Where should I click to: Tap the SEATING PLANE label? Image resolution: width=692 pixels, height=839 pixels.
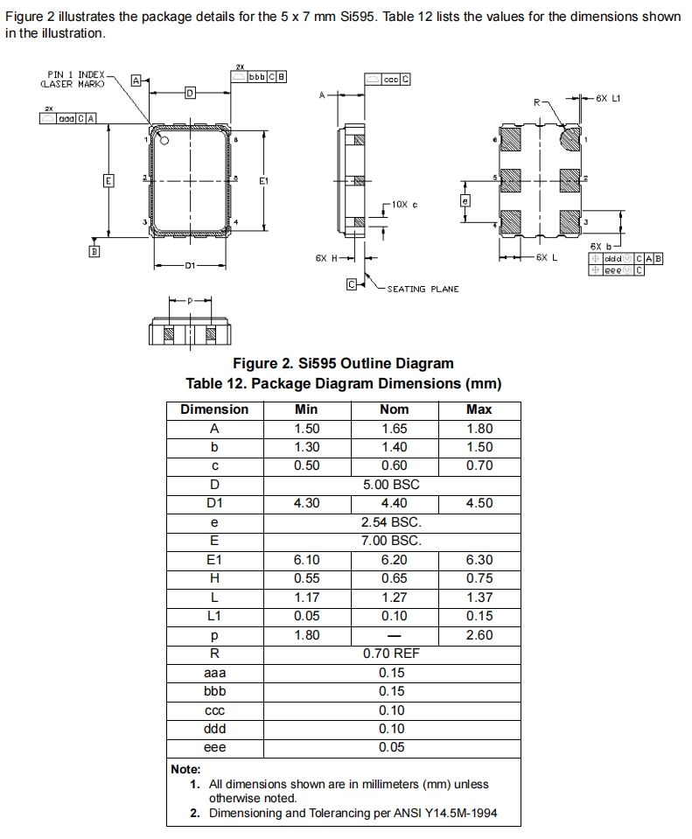coord(423,289)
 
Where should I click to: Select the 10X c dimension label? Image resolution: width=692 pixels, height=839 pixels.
coord(404,204)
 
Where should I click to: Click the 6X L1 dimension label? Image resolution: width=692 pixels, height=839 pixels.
coord(608,99)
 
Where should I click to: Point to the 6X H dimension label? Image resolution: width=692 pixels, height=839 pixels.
coord(326,258)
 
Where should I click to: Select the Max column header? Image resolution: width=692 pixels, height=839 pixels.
coord(479,409)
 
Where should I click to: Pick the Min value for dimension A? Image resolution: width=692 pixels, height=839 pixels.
coord(307,429)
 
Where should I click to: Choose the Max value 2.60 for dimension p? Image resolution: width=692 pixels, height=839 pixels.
coord(479,635)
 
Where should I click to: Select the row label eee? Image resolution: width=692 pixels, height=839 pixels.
coord(214,748)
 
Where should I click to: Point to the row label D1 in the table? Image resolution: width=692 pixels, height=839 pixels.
coord(214,503)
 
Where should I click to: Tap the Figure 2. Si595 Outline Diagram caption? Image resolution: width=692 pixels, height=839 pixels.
coord(343,364)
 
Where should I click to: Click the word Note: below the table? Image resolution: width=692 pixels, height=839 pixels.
coord(185,769)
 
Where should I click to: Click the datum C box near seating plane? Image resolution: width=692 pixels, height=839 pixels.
coord(351,284)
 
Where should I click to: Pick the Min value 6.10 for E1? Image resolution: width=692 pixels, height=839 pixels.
coord(307,560)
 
